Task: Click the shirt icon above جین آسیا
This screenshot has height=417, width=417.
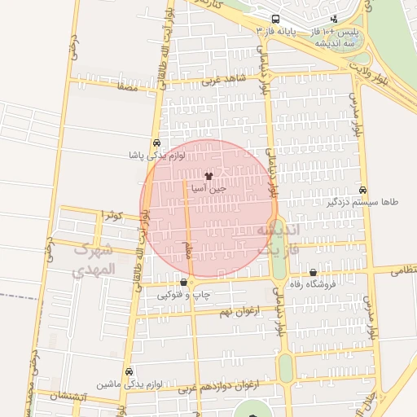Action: coord(208,175)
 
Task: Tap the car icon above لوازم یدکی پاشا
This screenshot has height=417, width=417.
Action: coord(156,141)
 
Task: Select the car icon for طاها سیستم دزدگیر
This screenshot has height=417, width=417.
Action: coord(362,189)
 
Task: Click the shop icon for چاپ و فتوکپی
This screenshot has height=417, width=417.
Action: coord(184,282)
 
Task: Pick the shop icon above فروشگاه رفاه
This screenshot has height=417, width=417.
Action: coord(313,273)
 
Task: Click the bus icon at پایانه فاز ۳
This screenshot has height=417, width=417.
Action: coord(276,20)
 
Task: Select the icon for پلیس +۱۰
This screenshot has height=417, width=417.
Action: coord(334,20)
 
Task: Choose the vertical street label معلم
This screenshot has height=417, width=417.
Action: coord(188,249)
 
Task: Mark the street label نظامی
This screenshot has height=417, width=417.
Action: coord(403,269)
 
